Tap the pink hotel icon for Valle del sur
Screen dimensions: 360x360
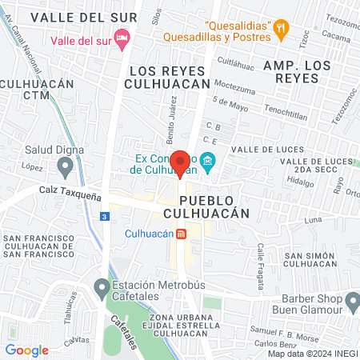[122, 38]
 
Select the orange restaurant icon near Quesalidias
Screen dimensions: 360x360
[280, 29]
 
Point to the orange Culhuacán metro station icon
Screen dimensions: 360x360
[182, 234]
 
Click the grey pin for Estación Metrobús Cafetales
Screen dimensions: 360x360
[101, 286]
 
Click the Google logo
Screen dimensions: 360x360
[26, 350]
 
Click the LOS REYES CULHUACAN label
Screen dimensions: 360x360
[167, 78]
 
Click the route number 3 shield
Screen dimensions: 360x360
[104, 216]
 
